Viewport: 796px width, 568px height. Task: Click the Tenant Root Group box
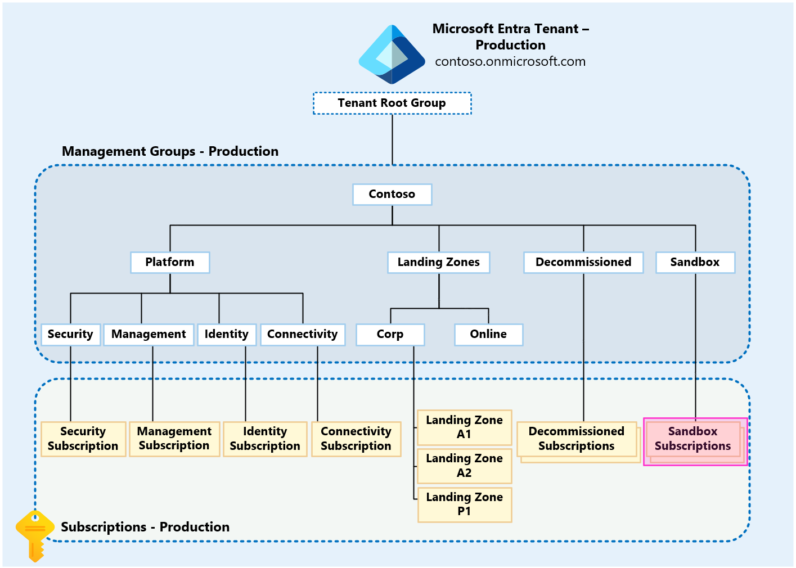click(x=392, y=103)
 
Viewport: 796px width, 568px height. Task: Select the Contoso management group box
click(x=392, y=195)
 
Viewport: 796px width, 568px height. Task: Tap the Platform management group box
click(x=170, y=263)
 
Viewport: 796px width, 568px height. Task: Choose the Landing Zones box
click(x=438, y=263)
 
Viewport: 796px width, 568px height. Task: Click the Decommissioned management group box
click(x=583, y=263)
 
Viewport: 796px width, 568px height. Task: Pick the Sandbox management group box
click(x=695, y=263)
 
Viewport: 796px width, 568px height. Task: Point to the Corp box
click(x=390, y=335)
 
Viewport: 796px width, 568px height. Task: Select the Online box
click(x=488, y=335)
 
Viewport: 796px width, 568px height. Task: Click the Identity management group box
click(x=227, y=335)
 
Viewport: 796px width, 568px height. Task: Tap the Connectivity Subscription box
click(x=356, y=439)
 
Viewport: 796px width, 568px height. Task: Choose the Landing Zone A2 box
click(x=464, y=466)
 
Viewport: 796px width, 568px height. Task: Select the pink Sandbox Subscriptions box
click(x=693, y=439)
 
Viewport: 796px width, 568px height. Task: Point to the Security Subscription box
click(x=83, y=439)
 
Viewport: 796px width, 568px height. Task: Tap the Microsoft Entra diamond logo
click(x=392, y=55)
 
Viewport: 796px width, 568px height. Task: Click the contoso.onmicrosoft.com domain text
click(x=510, y=62)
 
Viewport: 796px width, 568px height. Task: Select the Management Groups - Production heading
click(x=170, y=152)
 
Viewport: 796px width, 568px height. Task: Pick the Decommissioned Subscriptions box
click(x=577, y=439)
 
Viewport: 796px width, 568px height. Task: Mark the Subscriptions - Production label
click(x=145, y=528)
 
